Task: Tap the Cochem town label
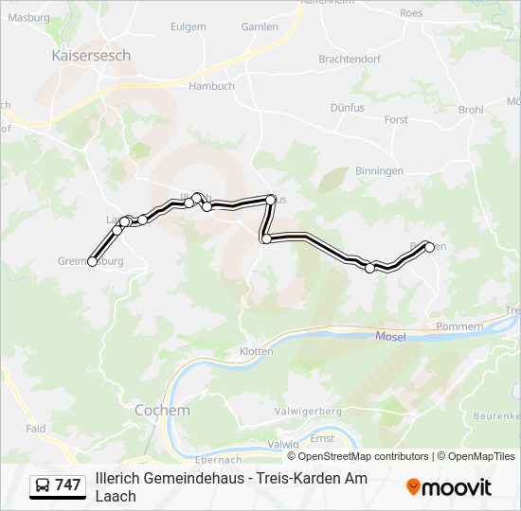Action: click(x=162, y=411)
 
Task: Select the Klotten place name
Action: click(x=256, y=351)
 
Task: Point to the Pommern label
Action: click(x=460, y=326)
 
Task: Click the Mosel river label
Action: click(x=390, y=336)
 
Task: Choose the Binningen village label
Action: click(x=380, y=171)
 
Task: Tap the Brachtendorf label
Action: click(x=350, y=59)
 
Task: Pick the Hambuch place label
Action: click(x=211, y=86)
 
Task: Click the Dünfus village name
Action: click(x=348, y=109)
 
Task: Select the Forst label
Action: click(x=396, y=120)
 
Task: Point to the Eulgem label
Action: click(x=188, y=27)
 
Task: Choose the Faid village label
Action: click(x=36, y=429)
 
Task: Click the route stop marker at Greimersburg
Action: click(x=92, y=261)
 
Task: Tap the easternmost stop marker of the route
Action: click(x=430, y=247)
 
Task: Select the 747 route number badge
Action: click(x=58, y=485)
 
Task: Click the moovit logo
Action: click(x=449, y=487)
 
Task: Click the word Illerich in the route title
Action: click(x=117, y=479)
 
